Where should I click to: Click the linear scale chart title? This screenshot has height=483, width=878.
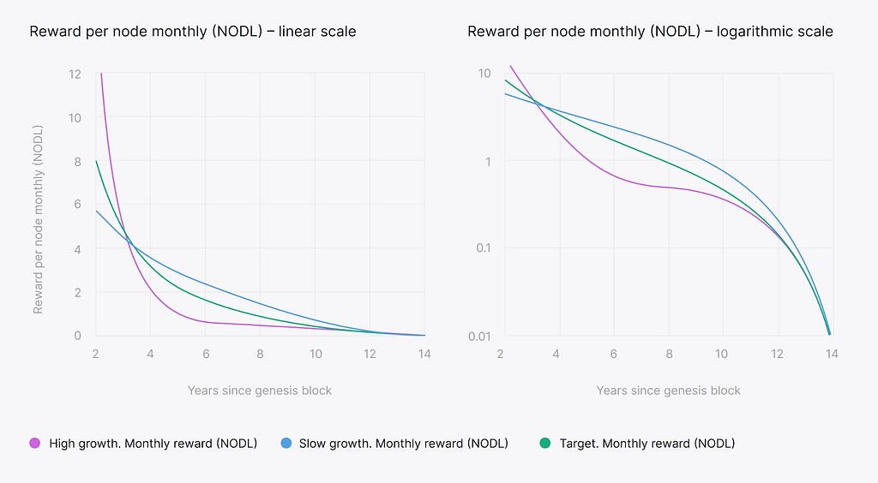(x=193, y=32)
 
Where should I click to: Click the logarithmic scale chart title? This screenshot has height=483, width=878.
(x=650, y=32)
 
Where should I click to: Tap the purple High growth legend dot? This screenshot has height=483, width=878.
(x=35, y=444)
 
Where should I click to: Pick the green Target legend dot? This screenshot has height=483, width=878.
(x=544, y=444)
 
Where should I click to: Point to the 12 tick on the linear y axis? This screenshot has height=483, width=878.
(x=76, y=74)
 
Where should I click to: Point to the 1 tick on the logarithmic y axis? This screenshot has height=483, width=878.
(x=488, y=161)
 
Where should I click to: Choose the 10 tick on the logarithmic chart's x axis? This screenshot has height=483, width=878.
(x=722, y=353)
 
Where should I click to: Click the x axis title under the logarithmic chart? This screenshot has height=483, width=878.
(x=668, y=391)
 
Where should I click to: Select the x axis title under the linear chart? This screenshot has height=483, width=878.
(x=260, y=391)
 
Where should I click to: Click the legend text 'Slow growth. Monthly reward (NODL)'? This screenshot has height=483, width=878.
(x=403, y=444)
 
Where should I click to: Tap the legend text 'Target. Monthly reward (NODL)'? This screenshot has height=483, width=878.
(x=646, y=444)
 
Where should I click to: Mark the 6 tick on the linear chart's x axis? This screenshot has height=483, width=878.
(x=205, y=353)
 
